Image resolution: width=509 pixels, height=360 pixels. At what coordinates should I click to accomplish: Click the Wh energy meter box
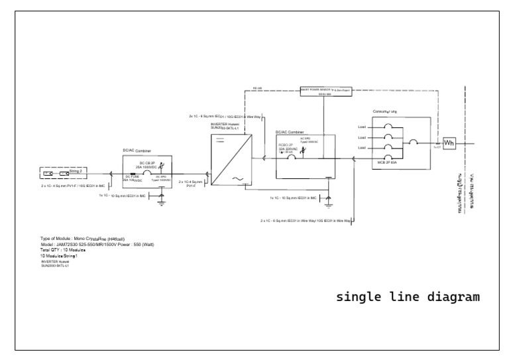[449, 143]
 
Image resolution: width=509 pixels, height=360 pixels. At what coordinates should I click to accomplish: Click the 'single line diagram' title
[407, 296]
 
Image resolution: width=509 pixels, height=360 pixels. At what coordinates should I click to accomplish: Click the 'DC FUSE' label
[133, 177]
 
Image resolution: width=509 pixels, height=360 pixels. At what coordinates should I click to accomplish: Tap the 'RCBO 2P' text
[286, 146]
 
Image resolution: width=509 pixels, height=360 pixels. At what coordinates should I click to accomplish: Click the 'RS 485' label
[259, 88]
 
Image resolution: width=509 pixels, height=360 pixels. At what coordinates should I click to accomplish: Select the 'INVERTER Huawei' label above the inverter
[222, 123]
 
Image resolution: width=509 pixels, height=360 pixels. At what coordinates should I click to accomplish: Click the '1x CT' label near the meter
[436, 147]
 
